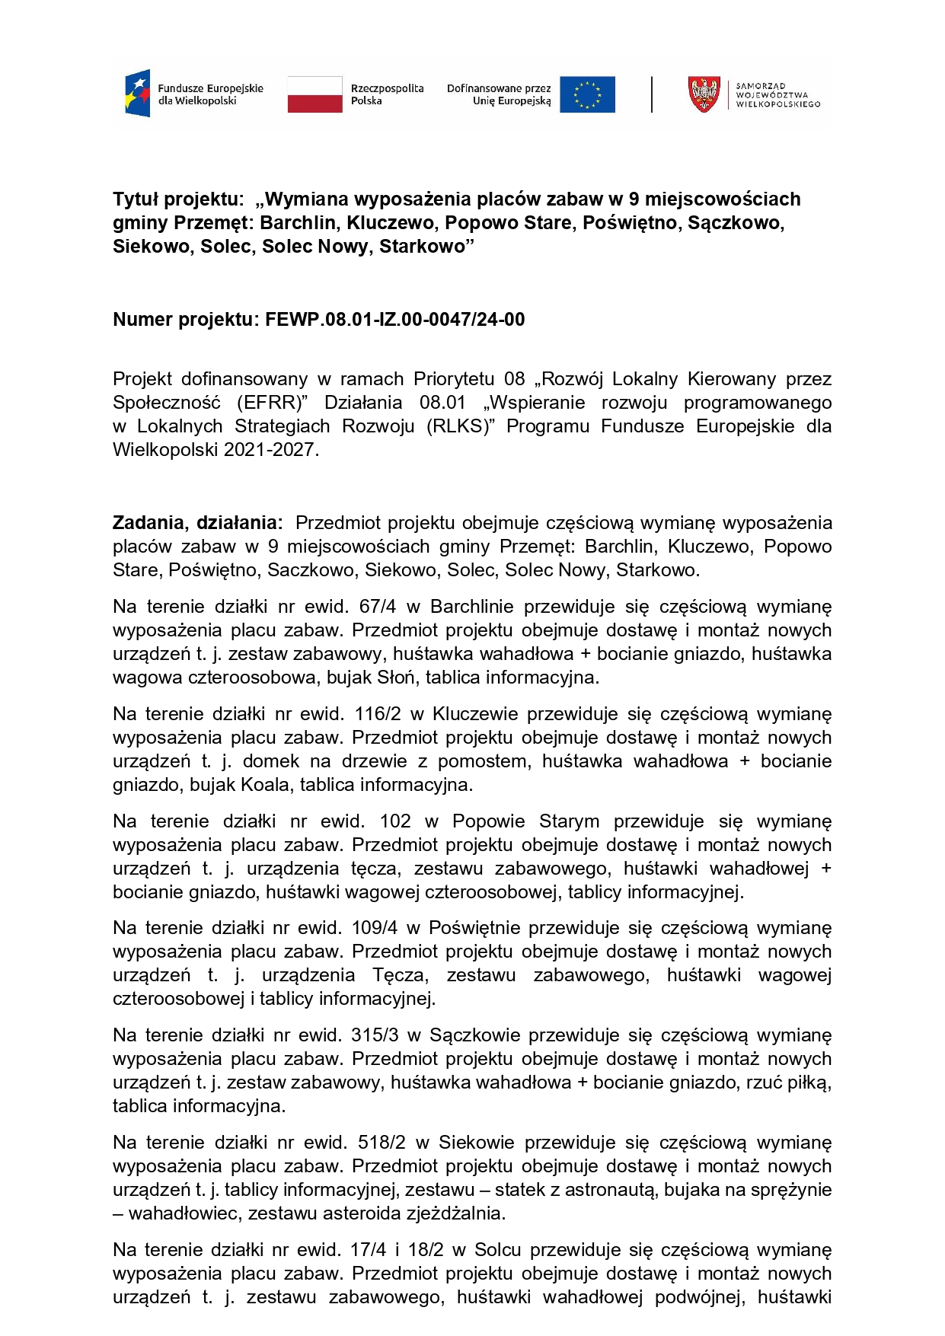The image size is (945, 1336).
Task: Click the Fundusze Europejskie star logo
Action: pos(138,94)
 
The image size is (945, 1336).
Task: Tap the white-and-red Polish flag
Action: pos(314,94)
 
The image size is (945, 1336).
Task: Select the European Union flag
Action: pos(587,94)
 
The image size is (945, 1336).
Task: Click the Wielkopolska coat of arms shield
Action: pos(704,94)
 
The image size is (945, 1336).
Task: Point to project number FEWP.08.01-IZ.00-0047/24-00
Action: pos(394,320)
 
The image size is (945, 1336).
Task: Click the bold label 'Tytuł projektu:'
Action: pos(177,199)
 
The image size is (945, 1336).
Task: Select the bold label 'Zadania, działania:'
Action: pos(197,523)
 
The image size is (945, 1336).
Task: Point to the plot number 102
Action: pos(395,821)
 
